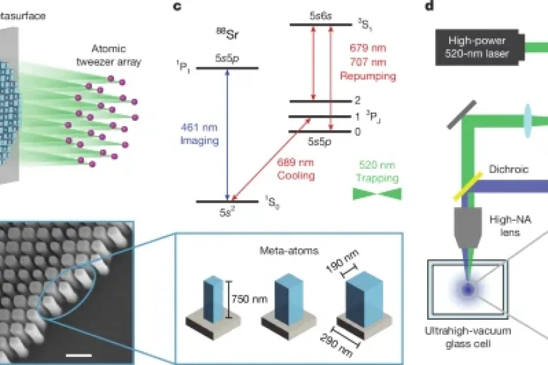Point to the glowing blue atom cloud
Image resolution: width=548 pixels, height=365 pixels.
click(x=468, y=289)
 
